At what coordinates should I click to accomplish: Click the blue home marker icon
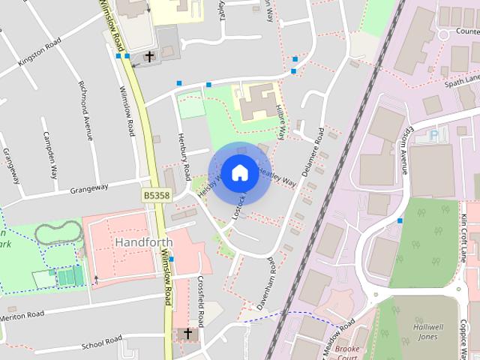239,172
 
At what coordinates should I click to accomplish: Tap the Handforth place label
144,242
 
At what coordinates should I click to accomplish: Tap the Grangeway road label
89,189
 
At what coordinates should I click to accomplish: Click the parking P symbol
433,136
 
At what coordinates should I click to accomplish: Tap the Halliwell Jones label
428,332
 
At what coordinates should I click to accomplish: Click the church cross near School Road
187,333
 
